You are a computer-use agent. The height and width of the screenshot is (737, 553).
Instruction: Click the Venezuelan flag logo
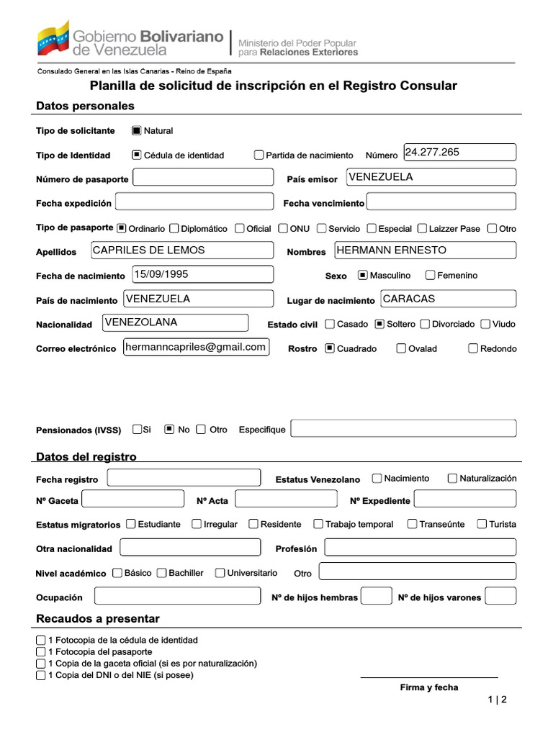click(x=53, y=38)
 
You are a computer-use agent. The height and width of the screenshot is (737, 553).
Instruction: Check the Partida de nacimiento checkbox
click(x=259, y=155)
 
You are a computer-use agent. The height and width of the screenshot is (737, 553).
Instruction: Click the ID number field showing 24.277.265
click(x=460, y=153)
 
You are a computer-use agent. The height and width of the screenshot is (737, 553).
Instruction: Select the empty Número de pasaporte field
click(x=204, y=178)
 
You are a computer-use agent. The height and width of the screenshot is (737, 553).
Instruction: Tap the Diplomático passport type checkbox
click(x=174, y=228)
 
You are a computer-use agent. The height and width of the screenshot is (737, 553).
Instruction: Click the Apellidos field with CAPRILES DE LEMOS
click(x=182, y=250)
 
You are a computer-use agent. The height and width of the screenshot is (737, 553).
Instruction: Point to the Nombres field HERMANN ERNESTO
click(x=425, y=250)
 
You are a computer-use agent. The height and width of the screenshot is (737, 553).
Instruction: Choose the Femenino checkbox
click(x=431, y=275)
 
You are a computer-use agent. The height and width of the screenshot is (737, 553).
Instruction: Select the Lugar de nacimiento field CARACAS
click(x=448, y=299)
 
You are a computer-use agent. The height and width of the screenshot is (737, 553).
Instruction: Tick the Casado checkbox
click(x=330, y=324)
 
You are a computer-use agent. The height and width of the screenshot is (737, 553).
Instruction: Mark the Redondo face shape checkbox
click(x=473, y=348)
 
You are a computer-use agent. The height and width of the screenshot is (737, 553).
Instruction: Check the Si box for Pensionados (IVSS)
click(x=137, y=429)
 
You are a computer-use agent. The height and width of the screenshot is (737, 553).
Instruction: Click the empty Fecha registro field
click(x=184, y=478)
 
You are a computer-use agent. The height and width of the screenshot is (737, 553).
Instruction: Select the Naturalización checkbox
click(x=452, y=478)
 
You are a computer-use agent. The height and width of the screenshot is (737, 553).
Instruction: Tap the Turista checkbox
click(x=482, y=524)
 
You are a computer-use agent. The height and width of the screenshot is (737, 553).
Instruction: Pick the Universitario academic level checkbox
click(x=220, y=573)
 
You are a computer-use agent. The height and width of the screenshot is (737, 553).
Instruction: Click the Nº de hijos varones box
click(x=500, y=596)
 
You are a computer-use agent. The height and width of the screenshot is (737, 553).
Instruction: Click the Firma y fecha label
click(x=429, y=687)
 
